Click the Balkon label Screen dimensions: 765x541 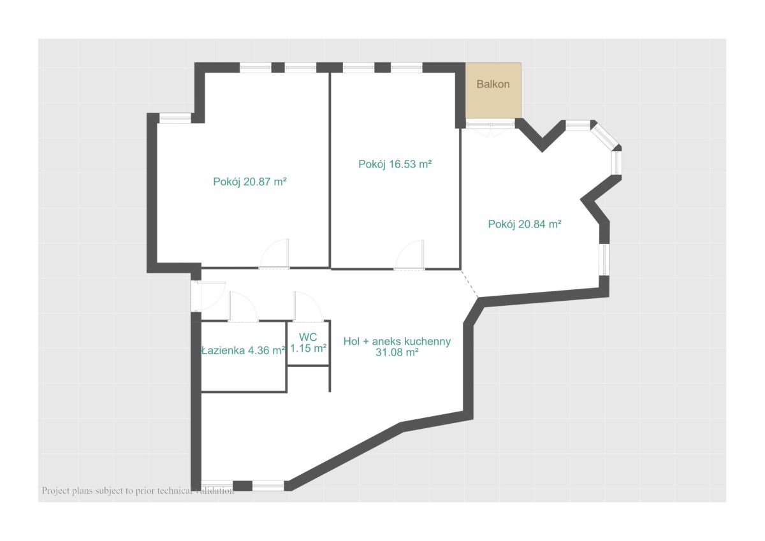(x=493, y=84)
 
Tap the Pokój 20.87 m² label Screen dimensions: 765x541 (x=250, y=182)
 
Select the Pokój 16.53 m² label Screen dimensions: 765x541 (x=395, y=164)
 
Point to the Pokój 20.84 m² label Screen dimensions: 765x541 (x=525, y=224)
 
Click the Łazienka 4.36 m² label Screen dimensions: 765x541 (x=243, y=350)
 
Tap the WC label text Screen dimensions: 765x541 (x=308, y=337)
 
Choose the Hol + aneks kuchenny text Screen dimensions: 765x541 (x=397, y=341)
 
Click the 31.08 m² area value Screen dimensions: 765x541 (x=397, y=352)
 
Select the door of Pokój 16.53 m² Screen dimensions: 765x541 (x=409, y=255)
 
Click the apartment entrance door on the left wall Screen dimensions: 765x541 (x=208, y=296)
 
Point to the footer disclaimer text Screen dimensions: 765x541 (x=138, y=491)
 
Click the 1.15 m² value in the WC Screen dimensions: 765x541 (x=309, y=348)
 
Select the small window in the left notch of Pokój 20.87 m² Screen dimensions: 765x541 (x=175, y=118)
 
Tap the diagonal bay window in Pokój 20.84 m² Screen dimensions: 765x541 (x=605, y=135)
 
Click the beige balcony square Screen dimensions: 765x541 (x=493, y=90)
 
